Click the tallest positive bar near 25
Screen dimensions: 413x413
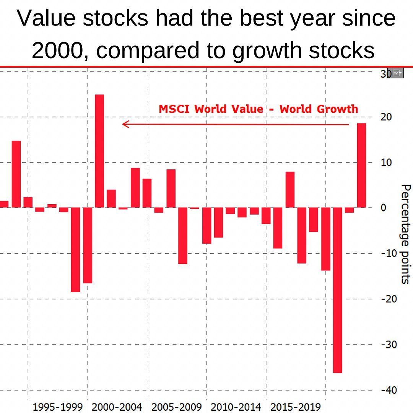click(99, 151)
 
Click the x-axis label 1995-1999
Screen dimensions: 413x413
click(58, 407)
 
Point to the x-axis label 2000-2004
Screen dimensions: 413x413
click(117, 407)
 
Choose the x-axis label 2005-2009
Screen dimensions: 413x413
click(176, 407)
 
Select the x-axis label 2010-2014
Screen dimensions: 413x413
click(236, 407)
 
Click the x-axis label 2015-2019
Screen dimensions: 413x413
click(295, 407)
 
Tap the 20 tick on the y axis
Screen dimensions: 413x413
click(386, 117)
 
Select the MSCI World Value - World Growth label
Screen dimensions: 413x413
click(259, 109)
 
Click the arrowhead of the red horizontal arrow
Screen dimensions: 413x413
click(125, 124)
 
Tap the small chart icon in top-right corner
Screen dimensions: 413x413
click(398, 73)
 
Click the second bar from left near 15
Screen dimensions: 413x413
click(16, 174)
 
